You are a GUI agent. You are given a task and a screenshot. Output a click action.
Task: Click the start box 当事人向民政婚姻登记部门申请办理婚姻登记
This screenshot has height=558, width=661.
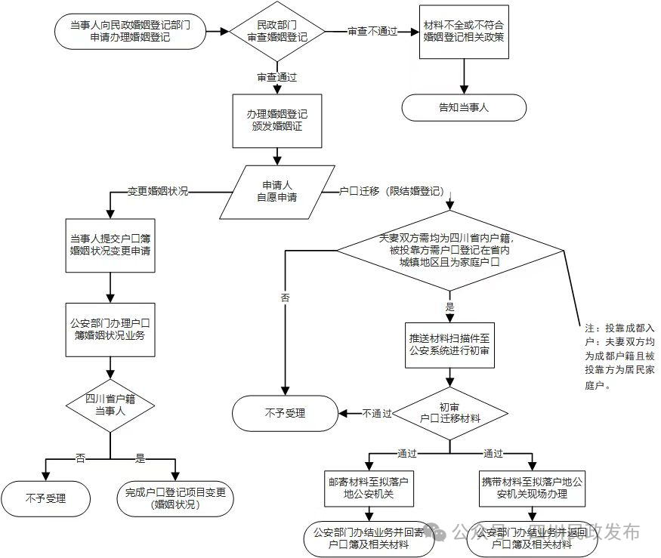130,31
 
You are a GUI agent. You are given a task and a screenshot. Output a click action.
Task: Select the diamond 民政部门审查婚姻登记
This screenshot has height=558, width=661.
277,31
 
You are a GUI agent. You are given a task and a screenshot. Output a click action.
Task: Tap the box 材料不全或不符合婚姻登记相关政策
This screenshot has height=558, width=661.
464,31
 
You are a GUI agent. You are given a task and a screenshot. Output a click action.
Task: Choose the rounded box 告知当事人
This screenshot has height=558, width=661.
464,107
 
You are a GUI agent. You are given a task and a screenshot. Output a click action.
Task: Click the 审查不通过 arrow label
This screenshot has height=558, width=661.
372,32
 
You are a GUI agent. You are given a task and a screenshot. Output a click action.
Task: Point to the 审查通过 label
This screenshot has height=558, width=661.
277,78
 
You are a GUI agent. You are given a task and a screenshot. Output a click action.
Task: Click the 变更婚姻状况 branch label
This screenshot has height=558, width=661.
157,191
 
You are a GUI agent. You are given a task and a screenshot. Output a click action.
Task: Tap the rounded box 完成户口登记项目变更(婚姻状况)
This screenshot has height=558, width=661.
175,499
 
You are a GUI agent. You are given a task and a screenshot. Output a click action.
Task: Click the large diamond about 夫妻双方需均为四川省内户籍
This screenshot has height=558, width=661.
449,250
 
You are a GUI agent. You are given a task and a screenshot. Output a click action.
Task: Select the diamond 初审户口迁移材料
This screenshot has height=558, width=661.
449,412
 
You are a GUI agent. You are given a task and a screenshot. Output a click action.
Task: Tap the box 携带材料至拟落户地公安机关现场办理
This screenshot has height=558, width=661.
533,488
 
